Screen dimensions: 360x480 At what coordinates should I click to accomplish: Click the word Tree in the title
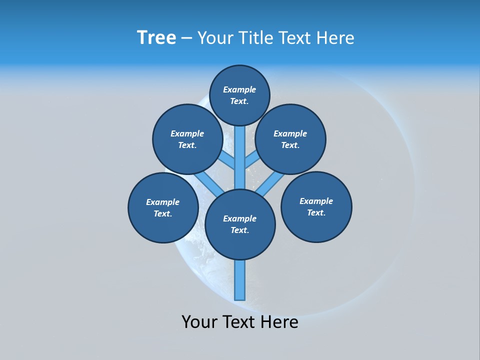[x=156, y=37]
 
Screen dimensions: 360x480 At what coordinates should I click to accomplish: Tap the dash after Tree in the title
[x=186, y=38]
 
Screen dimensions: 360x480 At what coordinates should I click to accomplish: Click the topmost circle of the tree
[x=239, y=95]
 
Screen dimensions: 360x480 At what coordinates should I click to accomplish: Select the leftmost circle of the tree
[x=163, y=207]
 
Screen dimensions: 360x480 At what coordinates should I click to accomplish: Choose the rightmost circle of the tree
[x=316, y=206]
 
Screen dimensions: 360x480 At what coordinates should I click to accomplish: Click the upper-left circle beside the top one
[x=187, y=139]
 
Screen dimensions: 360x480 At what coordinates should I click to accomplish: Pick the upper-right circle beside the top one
[x=290, y=139]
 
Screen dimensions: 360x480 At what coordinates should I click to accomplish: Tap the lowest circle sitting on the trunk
[x=240, y=224]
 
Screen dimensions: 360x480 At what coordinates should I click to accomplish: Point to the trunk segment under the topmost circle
[x=240, y=155]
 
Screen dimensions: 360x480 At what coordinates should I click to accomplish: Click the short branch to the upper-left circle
[x=228, y=161]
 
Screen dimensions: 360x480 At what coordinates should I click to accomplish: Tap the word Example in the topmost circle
[x=239, y=89]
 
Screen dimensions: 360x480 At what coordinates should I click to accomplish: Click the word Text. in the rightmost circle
[x=316, y=212]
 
